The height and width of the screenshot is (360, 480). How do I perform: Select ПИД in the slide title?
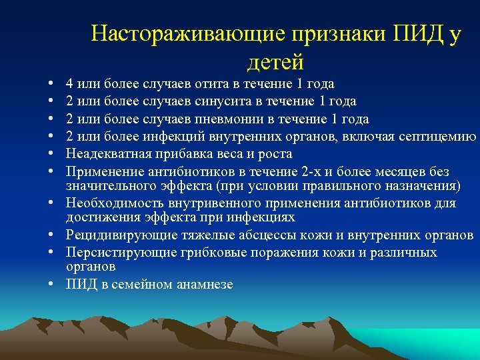418,34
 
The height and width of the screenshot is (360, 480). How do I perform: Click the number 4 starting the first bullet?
69,84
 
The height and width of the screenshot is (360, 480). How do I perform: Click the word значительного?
107,185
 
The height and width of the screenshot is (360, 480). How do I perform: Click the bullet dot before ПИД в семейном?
51,284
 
